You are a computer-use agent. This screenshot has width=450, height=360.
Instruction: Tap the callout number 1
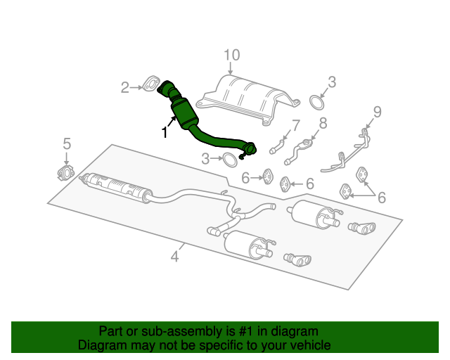[165, 132]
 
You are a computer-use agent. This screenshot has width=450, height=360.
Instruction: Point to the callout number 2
[125, 88]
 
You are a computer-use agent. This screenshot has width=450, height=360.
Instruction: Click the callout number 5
[67, 143]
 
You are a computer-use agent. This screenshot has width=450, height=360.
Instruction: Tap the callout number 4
[174, 257]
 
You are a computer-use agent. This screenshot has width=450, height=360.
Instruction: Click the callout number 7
[295, 126]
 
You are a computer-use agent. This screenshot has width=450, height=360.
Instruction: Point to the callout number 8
[323, 124]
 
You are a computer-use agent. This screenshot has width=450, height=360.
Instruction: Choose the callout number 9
[377, 111]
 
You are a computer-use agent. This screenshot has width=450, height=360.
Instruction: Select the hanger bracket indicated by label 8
[304, 147]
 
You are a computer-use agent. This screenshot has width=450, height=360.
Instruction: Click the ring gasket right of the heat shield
[317, 103]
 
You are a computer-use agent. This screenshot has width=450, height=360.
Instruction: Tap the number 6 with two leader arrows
[382, 198]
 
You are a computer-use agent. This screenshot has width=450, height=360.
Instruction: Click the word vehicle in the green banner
[309, 345]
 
